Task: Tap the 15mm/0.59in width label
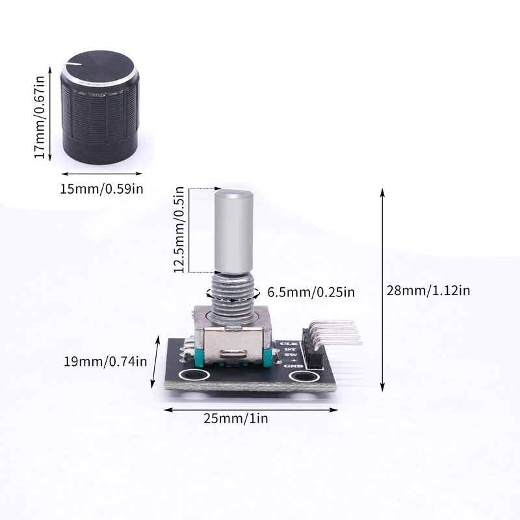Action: (101, 189)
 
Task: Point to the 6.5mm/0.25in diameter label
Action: (311, 292)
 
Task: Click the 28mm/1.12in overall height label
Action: (427, 291)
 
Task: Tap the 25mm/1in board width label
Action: (249, 419)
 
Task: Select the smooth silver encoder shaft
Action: (233, 231)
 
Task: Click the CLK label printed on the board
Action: (287, 344)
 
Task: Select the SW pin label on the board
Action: (291, 355)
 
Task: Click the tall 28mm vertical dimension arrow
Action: (382, 291)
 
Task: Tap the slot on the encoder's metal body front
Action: (235, 354)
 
